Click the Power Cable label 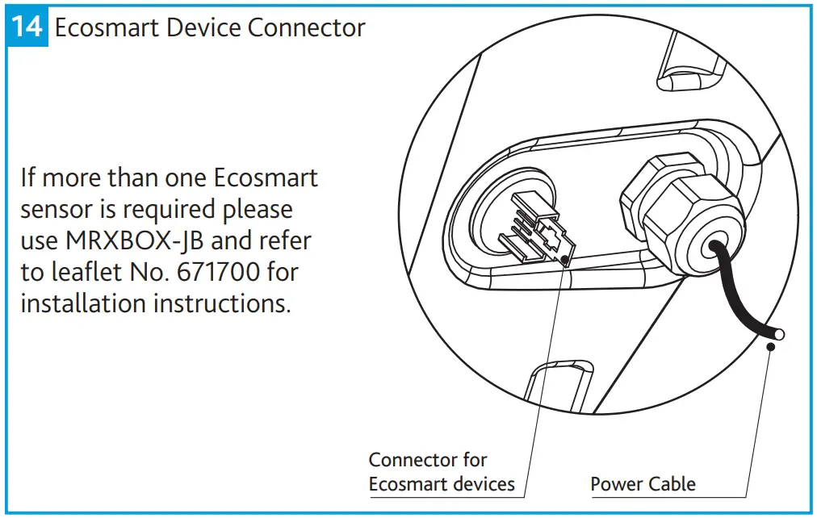(643, 484)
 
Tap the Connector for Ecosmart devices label (441, 472)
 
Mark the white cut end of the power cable (779, 333)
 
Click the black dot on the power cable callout (770, 346)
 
